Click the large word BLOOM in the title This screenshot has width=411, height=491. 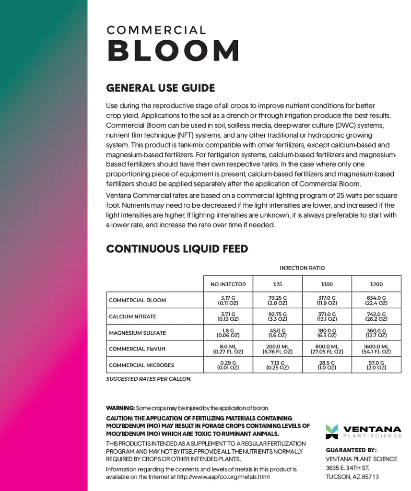(173, 50)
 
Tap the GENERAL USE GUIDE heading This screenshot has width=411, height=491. (160, 88)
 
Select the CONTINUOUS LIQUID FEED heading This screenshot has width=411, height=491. (177, 249)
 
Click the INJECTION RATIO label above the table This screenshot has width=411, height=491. (302, 268)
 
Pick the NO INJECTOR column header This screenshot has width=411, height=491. (228, 284)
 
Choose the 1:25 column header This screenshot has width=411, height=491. (277, 284)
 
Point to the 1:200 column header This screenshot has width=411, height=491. (376, 284)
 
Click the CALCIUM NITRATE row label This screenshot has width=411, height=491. (132, 316)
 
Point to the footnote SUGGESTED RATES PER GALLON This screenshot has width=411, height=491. (149, 379)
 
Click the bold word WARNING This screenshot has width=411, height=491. (120, 408)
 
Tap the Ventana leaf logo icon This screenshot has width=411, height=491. (332, 432)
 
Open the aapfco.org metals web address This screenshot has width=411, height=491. (223, 477)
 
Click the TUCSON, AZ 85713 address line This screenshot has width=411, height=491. (352, 477)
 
